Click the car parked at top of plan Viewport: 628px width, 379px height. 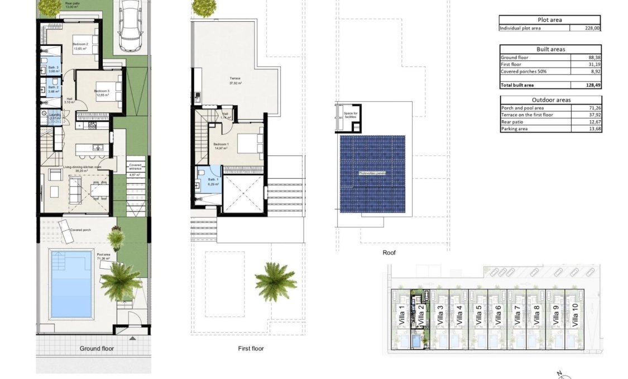click(130, 25)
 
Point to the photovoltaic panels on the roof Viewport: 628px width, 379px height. click(373, 173)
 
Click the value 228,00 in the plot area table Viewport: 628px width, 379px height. click(592, 27)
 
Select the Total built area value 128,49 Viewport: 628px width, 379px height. click(592, 85)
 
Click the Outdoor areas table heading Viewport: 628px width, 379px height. click(550, 100)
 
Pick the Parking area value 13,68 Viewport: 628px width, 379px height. click(592, 129)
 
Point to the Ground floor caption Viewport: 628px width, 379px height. click(97, 348)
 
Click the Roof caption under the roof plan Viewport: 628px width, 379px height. click(389, 253)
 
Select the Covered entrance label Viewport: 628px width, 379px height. click(136, 167)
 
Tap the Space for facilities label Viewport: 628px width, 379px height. click(351, 116)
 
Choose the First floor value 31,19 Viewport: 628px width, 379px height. click(592, 64)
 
